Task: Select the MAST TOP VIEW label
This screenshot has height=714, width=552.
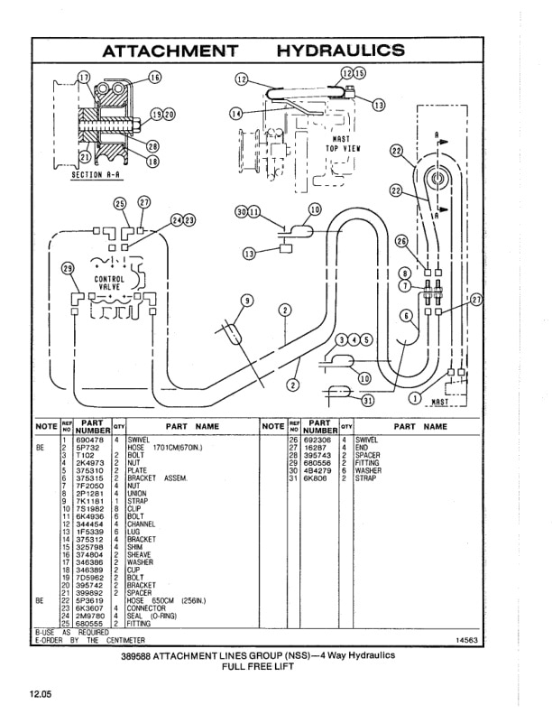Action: (342, 145)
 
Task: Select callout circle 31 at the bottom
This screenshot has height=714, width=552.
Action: (367, 401)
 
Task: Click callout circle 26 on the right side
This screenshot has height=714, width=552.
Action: (402, 241)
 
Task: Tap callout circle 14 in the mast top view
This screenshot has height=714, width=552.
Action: (236, 114)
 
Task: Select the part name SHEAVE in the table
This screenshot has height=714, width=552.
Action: (141, 554)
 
